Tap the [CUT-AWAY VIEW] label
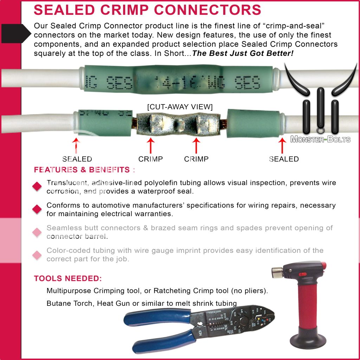point(180,107)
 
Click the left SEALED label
point(77,159)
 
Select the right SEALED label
point(284,159)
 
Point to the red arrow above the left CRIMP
point(150,145)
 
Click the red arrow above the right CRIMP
point(196,145)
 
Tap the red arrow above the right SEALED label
point(282,145)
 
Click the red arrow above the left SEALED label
point(76,145)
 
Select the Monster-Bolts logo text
point(320,140)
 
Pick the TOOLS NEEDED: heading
point(68,279)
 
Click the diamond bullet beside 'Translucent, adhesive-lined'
point(37,187)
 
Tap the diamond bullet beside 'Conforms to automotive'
point(37,209)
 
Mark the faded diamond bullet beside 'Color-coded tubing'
point(37,255)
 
